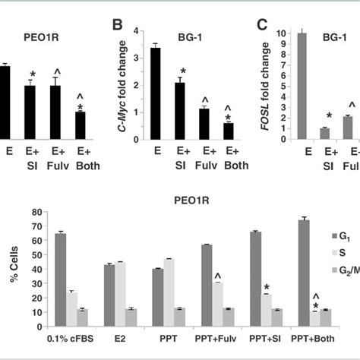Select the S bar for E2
[x=120, y=289]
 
